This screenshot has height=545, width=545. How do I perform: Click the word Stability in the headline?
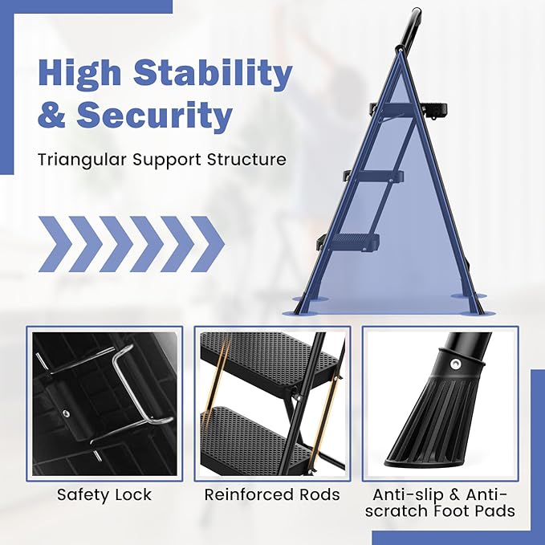(x=213, y=73)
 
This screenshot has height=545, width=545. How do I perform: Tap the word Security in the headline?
(x=154, y=114)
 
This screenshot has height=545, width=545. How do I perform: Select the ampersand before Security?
(x=51, y=115)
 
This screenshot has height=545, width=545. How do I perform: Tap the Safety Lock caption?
(x=104, y=494)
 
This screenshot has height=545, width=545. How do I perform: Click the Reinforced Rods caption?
(x=272, y=494)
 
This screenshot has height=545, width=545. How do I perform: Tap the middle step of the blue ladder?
(x=374, y=176)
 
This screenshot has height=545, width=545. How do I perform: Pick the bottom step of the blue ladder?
(x=348, y=240)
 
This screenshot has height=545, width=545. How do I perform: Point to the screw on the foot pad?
(x=455, y=364)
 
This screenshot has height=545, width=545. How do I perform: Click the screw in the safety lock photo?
(x=65, y=413)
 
